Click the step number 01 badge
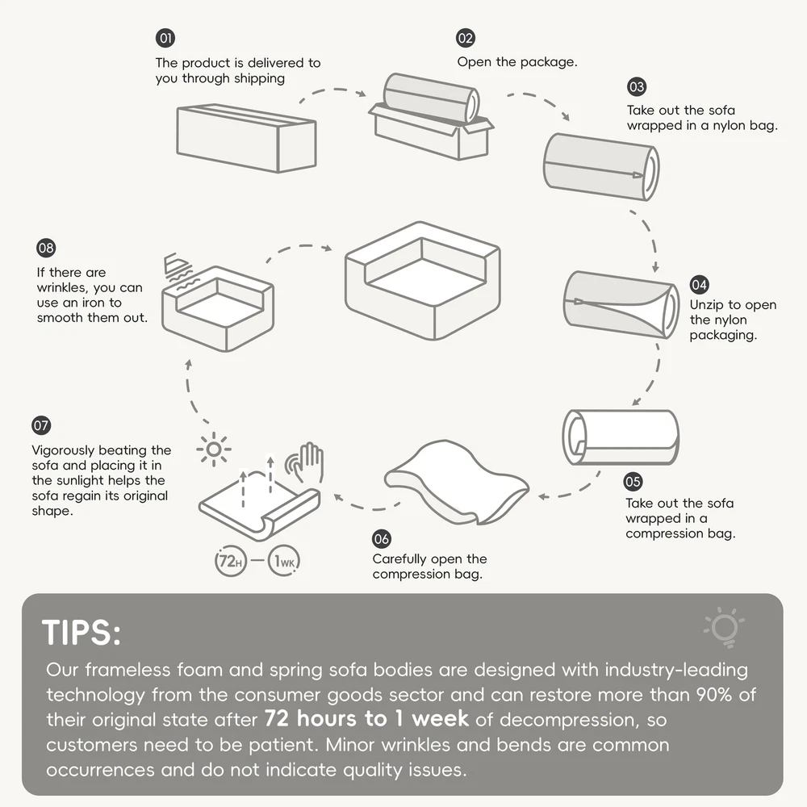[165, 38]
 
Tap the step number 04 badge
[699, 285]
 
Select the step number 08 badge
[46, 248]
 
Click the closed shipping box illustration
[246, 139]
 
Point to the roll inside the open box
[431, 98]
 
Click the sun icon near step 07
[214, 449]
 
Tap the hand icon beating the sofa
[306, 462]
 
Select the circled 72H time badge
[231, 561]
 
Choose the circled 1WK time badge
[283, 561]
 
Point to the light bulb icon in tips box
[724, 627]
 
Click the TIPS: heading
[82, 632]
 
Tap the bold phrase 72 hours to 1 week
[366, 718]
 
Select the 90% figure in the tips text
[714, 694]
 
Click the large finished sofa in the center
[423, 281]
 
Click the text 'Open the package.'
[517, 62]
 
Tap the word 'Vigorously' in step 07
[64, 450]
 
